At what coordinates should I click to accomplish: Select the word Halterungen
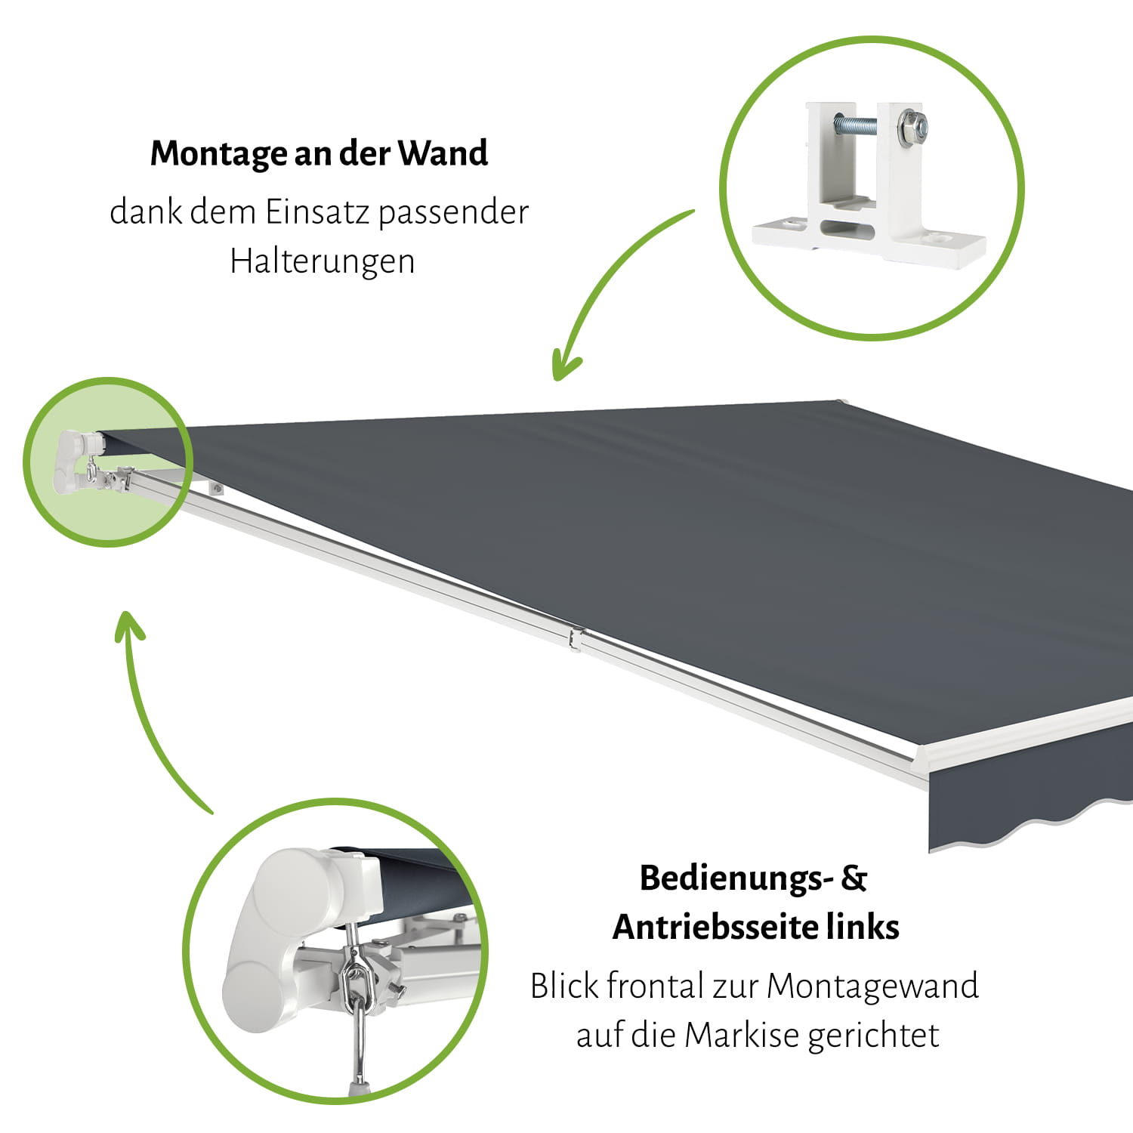tap(323, 261)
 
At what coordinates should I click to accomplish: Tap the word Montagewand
tap(872, 986)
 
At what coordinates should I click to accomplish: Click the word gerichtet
tap(874, 1036)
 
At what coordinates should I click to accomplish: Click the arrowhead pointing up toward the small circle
tap(129, 626)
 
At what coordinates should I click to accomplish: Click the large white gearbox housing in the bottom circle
tap(291, 937)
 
